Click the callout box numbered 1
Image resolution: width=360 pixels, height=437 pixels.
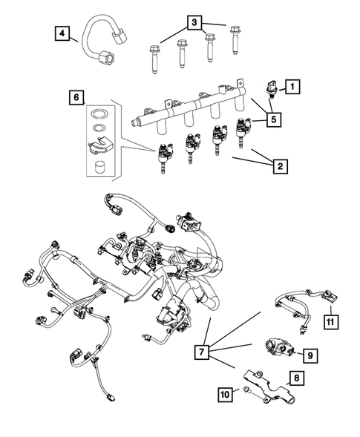[x=293, y=88]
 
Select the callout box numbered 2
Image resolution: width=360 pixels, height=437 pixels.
[x=279, y=167]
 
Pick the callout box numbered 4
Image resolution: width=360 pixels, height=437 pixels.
[x=62, y=32]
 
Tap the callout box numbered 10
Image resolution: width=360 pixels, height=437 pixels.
[x=223, y=396]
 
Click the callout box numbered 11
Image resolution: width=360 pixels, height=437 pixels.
[x=330, y=322]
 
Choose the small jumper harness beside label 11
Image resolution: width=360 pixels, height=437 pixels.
[x=301, y=303]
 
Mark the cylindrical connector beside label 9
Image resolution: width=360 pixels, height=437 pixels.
[x=278, y=346]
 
